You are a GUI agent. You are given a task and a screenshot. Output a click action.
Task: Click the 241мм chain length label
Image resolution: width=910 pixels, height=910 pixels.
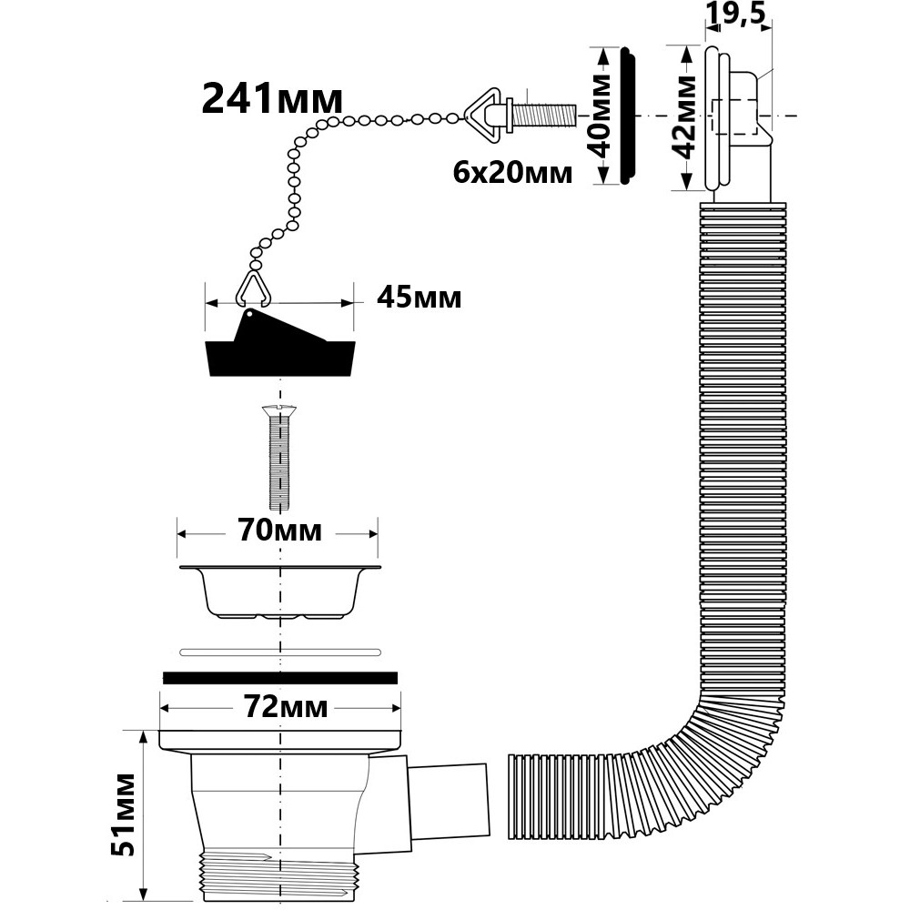pyautogui.click(x=271, y=97)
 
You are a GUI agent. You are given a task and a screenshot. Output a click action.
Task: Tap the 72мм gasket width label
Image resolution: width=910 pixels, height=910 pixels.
pyautogui.click(x=287, y=706)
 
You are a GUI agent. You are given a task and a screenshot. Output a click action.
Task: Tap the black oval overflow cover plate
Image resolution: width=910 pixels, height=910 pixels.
pyautogui.click(x=626, y=117)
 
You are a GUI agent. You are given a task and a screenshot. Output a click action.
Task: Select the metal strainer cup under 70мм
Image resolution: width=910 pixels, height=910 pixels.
pyautogui.click(x=279, y=591)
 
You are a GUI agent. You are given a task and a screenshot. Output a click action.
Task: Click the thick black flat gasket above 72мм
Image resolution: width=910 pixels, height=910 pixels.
pyautogui.click(x=280, y=677)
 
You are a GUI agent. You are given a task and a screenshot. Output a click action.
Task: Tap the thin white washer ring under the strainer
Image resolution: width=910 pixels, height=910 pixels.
pyautogui.click(x=279, y=651)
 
